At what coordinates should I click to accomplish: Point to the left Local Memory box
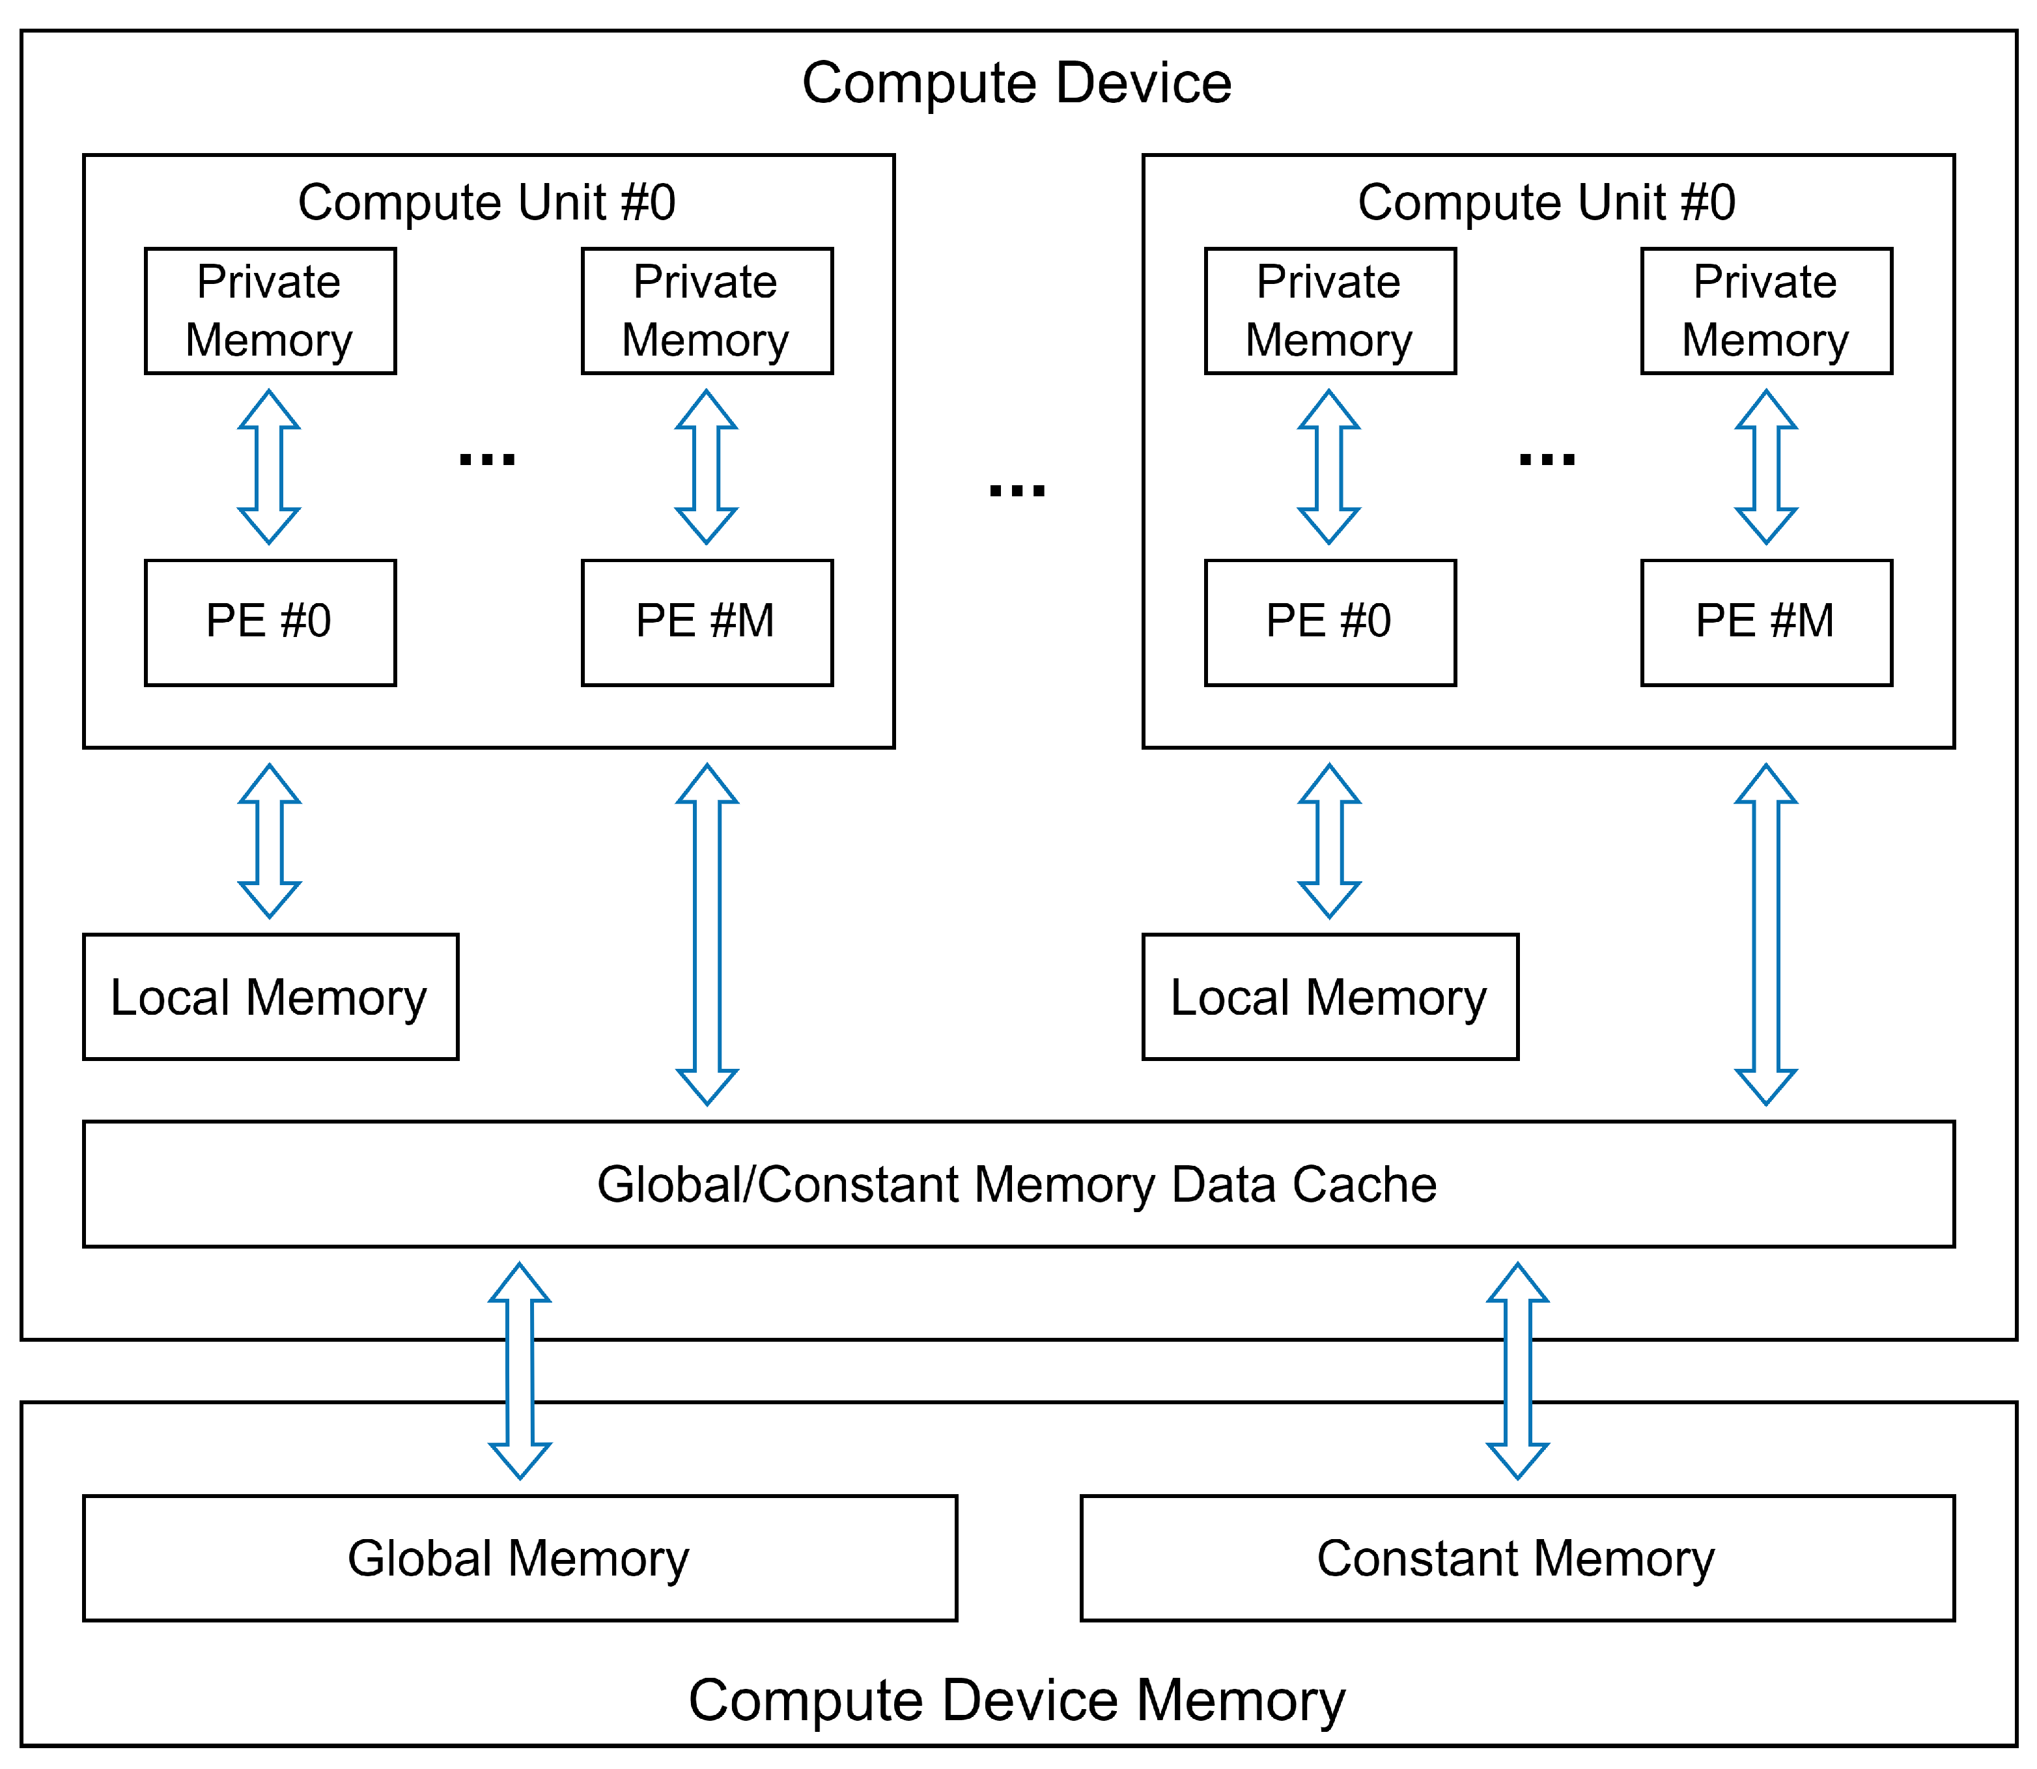coord(270,997)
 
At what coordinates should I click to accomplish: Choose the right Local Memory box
coord(1329,997)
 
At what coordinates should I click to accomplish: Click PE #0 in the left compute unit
coord(270,622)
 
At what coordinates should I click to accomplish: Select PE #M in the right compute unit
coord(1765,622)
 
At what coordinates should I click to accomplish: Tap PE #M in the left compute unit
coord(707,622)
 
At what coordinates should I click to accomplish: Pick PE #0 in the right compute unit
coord(1329,622)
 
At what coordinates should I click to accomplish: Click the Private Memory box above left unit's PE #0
coord(270,311)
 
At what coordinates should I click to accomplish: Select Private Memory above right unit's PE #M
coord(1765,311)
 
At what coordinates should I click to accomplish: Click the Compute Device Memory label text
coord(1017,1700)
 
